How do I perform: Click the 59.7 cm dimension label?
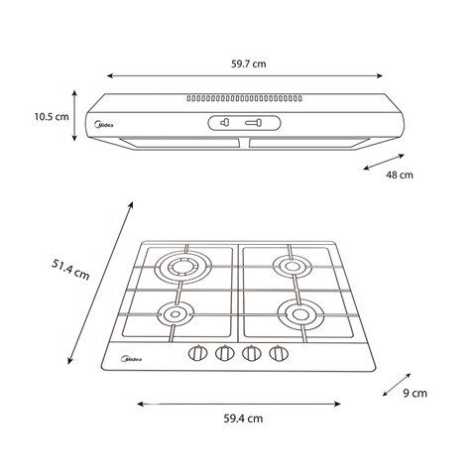click(x=248, y=63)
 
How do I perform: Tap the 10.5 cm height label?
click(x=52, y=117)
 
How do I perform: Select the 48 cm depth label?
click(x=400, y=175)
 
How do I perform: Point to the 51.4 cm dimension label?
click(x=70, y=270)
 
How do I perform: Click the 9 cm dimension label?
click(x=415, y=393)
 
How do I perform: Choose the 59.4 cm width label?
click(x=243, y=418)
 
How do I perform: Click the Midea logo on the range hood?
click(x=104, y=125)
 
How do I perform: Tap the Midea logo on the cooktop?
click(x=132, y=359)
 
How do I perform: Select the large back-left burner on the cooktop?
click(x=182, y=267)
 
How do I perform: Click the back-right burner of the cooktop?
click(x=293, y=266)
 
